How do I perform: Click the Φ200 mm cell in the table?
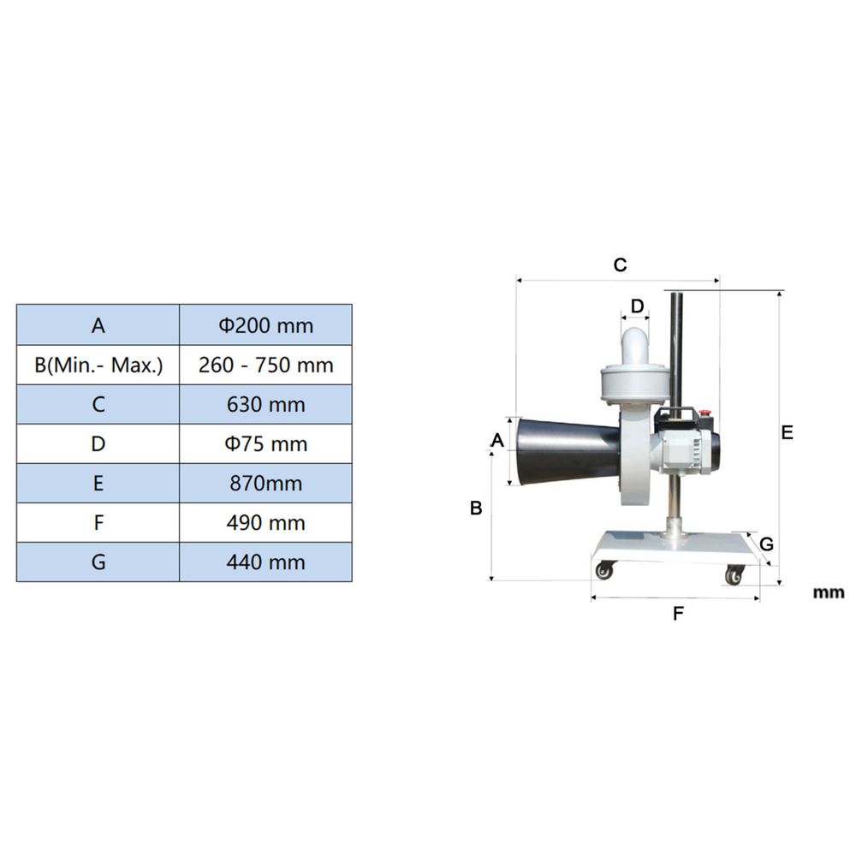[x=265, y=325]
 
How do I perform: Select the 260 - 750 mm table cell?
[x=265, y=365]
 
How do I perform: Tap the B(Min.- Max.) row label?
[x=98, y=365]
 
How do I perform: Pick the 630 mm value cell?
[x=265, y=405]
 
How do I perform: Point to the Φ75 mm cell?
[x=265, y=443]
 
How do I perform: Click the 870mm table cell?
[x=265, y=483]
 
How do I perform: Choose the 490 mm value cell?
[x=265, y=522]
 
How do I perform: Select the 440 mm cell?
[x=265, y=562]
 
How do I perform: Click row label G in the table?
[x=98, y=562]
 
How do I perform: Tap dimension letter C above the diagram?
[x=620, y=265]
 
